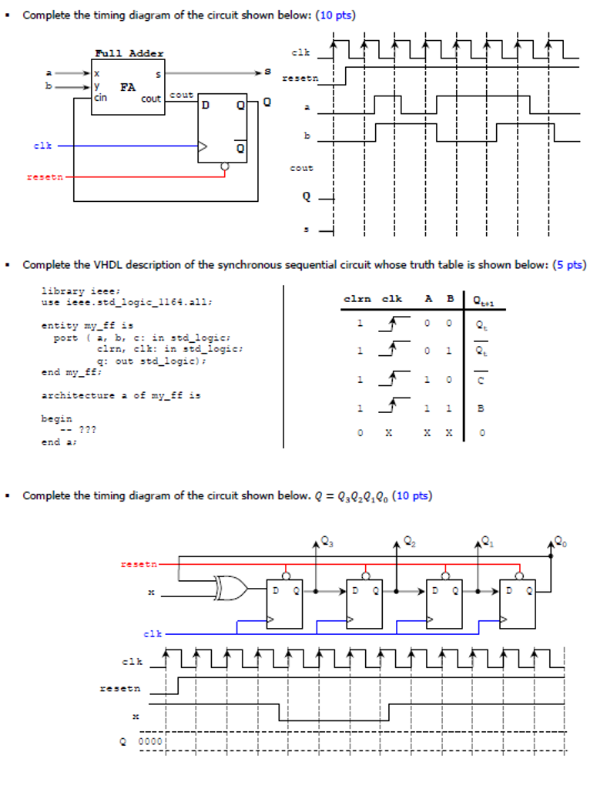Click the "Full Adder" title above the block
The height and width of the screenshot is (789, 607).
(x=129, y=53)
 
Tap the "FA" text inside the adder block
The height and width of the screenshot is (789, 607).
(x=128, y=87)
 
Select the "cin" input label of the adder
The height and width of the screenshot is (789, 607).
(x=101, y=98)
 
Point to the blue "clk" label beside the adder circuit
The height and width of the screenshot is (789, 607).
(x=42, y=145)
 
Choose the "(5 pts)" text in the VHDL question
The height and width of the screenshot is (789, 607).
(x=569, y=265)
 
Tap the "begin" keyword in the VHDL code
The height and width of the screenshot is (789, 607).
(x=56, y=418)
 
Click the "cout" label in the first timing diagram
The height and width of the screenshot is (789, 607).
(x=301, y=167)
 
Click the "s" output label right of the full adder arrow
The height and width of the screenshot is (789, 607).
(x=268, y=72)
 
